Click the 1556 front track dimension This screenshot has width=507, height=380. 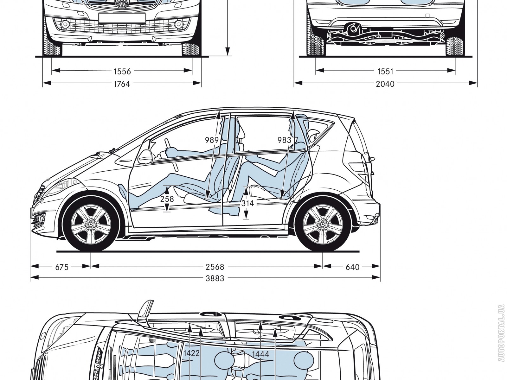122,72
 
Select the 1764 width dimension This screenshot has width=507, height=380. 122,84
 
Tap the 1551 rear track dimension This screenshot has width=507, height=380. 386,72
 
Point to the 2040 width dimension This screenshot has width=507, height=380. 386,84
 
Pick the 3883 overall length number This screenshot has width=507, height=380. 215,279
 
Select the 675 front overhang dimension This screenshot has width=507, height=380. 62,267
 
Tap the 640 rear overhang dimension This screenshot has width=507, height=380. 352,267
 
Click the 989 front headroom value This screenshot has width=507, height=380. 212,140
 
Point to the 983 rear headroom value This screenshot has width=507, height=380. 284,140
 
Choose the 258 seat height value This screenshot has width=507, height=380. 167,199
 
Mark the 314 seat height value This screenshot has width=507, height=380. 247,203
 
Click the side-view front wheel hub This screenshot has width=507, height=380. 91,224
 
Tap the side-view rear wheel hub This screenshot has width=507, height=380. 323,224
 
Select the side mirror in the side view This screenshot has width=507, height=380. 145,155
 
